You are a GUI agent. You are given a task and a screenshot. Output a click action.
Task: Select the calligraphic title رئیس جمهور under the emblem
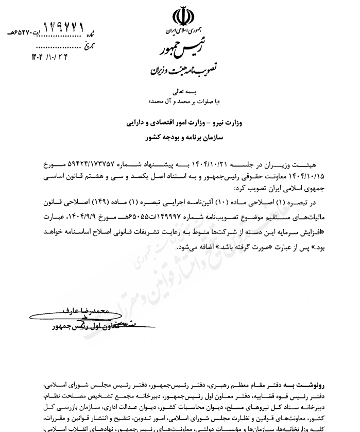[x=178, y=51]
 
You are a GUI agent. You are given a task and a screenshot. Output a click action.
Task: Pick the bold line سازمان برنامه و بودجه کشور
[x=180, y=138]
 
